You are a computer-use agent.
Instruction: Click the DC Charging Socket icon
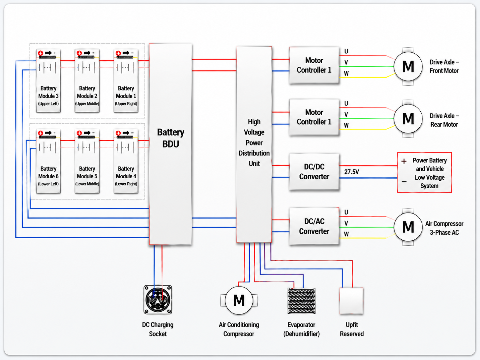[158, 299]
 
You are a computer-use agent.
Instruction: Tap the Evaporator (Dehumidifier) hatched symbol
[301, 301]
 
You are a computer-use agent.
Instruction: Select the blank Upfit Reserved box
[351, 301]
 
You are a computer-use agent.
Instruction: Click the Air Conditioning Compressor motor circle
[239, 300]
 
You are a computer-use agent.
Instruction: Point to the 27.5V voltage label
[351, 172]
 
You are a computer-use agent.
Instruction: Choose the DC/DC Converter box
[314, 172]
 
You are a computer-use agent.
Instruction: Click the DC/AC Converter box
[314, 226]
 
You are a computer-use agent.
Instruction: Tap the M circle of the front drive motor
[408, 66]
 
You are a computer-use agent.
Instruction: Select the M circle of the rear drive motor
[408, 118]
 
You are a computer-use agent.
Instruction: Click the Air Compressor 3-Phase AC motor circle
[408, 227]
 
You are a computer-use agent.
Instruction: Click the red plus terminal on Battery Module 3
[40, 53]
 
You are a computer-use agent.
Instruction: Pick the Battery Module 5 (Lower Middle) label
[87, 176]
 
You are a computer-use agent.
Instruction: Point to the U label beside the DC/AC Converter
[346, 212]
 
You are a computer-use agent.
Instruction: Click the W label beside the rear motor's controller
[346, 125]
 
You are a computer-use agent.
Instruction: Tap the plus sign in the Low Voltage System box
[404, 161]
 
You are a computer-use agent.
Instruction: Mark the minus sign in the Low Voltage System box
[404, 182]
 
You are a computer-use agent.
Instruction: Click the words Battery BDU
[171, 138]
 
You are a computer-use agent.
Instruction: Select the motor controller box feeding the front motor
[314, 65]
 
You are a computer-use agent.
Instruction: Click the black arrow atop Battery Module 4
[126, 133]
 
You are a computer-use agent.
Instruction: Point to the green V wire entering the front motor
[367, 66]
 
